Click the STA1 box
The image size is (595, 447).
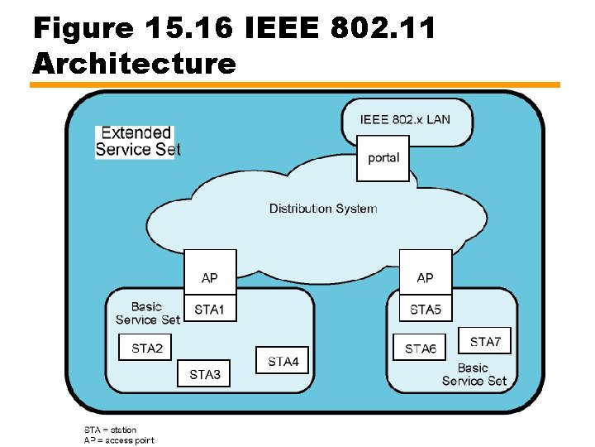(x=209, y=310)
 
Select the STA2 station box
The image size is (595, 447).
(x=147, y=348)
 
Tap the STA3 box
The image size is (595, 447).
(x=205, y=374)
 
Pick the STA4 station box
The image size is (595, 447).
(x=283, y=361)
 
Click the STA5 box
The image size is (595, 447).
(x=426, y=310)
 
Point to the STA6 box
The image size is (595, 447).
(x=421, y=348)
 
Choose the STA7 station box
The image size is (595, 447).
(x=485, y=341)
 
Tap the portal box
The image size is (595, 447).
(x=383, y=157)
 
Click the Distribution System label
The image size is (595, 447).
(x=323, y=209)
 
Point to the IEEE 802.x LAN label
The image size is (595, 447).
(x=405, y=119)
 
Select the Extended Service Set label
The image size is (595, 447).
(x=136, y=141)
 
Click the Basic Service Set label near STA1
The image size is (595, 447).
(x=147, y=313)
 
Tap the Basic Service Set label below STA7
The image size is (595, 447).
(x=474, y=374)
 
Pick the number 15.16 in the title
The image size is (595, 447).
(x=188, y=29)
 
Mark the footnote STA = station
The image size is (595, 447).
(x=110, y=430)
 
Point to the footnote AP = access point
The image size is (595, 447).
(x=118, y=440)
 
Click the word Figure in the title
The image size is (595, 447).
(x=83, y=29)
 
